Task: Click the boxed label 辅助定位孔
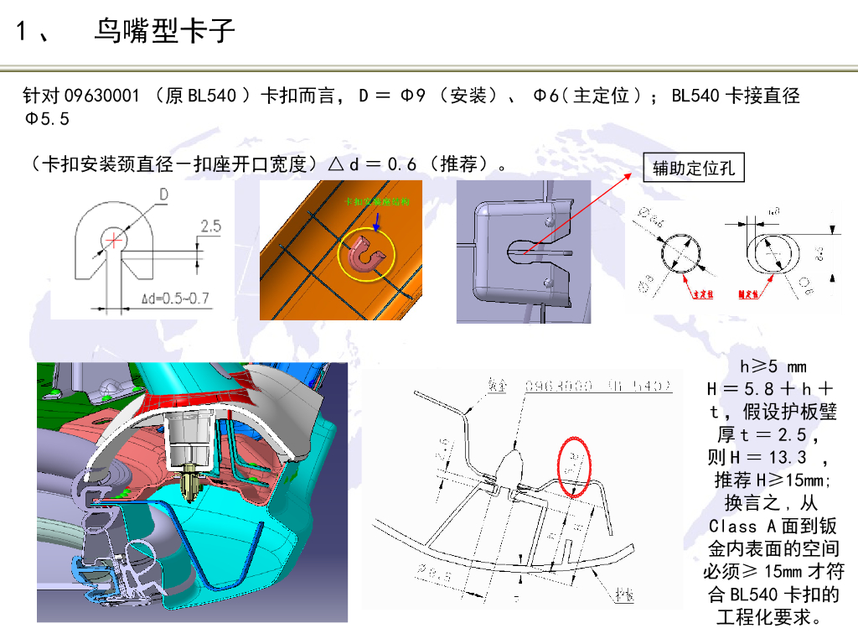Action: (x=693, y=169)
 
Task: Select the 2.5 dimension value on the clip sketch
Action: (x=211, y=226)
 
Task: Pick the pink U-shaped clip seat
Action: (x=365, y=255)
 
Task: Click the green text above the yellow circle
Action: (x=376, y=202)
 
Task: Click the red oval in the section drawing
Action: (x=576, y=466)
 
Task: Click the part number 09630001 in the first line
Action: (x=102, y=96)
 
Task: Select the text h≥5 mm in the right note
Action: (x=773, y=366)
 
